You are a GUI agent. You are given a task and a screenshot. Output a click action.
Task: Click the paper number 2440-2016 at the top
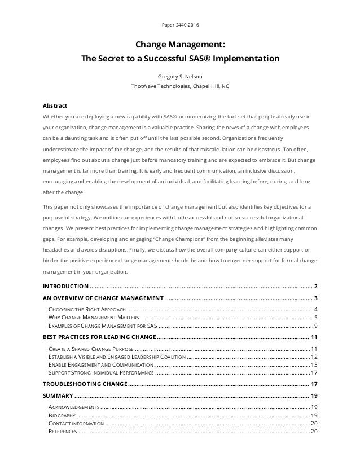[x=179, y=24]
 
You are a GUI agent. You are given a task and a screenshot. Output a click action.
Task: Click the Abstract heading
[x=55, y=105]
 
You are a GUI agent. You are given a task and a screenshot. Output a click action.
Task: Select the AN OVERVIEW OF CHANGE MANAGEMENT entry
[x=103, y=298]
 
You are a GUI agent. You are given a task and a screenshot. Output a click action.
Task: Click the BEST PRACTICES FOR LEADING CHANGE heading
[x=99, y=337]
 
